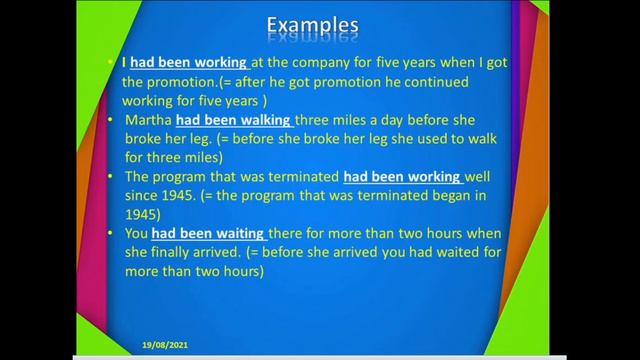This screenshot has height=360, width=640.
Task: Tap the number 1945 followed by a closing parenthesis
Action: (143, 215)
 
